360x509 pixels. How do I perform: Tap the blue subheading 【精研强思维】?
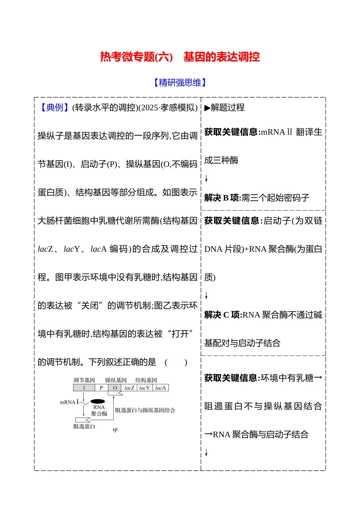click(x=180, y=83)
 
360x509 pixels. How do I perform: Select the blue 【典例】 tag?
click(x=55, y=108)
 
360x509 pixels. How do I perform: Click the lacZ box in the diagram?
click(x=129, y=388)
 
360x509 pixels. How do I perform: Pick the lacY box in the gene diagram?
click(x=144, y=388)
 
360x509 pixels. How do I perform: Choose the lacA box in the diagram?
click(x=160, y=388)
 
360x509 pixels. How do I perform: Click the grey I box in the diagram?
click(x=84, y=388)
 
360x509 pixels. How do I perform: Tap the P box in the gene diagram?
click(x=101, y=388)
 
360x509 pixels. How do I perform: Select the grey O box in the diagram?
click(x=115, y=388)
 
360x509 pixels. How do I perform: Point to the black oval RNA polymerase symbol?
click(x=98, y=401)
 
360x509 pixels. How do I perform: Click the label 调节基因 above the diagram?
click(x=84, y=380)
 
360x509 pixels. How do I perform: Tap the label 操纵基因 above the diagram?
click(x=116, y=380)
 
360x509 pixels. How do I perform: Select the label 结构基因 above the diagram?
click(x=146, y=380)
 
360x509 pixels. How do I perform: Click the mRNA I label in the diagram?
click(x=69, y=402)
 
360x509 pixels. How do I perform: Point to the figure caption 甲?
click(x=115, y=430)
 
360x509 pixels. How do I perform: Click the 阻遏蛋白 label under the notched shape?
click(x=84, y=426)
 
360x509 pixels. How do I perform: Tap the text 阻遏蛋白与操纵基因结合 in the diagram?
click(x=145, y=410)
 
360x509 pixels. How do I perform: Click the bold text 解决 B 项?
click(x=222, y=198)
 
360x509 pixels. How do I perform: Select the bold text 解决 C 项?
click(x=223, y=315)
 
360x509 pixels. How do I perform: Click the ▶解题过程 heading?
click(x=224, y=108)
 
